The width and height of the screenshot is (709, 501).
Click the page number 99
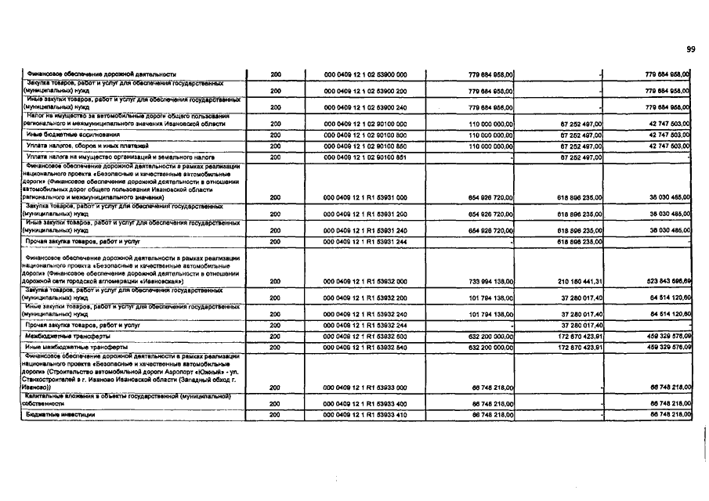pyautogui.click(x=691, y=49)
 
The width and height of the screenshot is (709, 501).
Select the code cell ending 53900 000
pyautogui.click(x=365, y=75)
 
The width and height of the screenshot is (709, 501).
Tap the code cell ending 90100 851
pyautogui.click(x=365, y=157)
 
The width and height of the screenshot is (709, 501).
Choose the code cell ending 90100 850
pyautogui.click(x=365, y=146)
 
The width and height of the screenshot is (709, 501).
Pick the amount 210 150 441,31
pyautogui.click(x=570, y=281)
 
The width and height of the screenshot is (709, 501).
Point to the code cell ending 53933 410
pyautogui.click(x=365, y=414)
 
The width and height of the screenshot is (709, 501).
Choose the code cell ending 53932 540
pyautogui.click(x=365, y=346)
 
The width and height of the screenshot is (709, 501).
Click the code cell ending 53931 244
pyautogui.click(x=365, y=242)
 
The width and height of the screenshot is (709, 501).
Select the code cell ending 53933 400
pyautogui.click(x=365, y=402)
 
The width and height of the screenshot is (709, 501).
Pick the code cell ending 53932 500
pyautogui.click(x=365, y=335)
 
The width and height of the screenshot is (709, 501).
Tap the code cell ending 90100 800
pyautogui.click(x=365, y=135)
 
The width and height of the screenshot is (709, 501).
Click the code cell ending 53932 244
pyautogui.click(x=365, y=324)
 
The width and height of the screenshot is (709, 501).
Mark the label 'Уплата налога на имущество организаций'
pyautogui.click(x=109, y=157)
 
